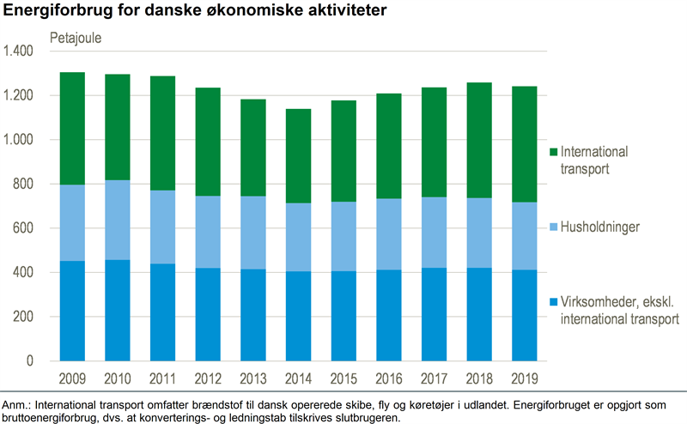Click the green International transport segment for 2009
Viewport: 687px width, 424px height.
[72, 129]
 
